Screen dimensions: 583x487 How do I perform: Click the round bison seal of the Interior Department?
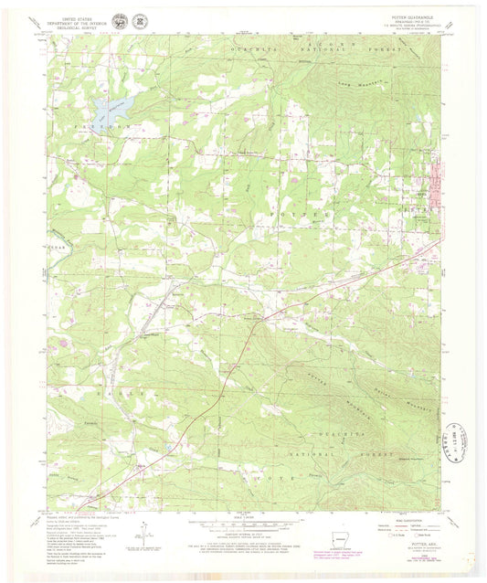(122, 19)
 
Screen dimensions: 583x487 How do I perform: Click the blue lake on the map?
(108, 113)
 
